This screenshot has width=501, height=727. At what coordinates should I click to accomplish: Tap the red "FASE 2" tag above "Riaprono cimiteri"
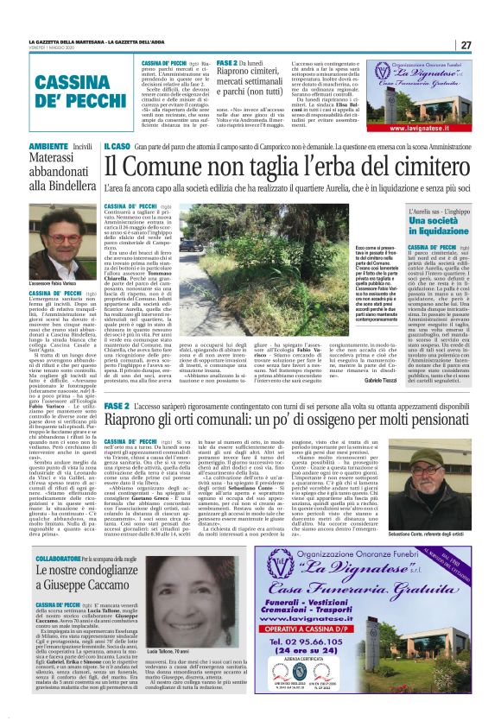[x=227, y=63]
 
